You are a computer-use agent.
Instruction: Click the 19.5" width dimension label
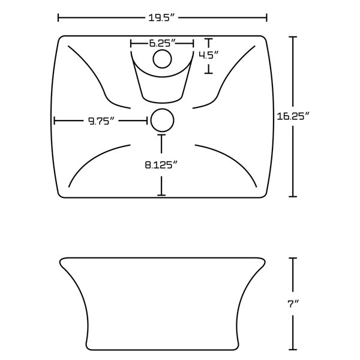point(162,17)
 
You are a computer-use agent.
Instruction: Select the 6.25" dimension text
point(161,43)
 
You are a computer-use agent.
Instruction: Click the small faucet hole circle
point(161,59)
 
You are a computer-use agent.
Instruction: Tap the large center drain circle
point(161,121)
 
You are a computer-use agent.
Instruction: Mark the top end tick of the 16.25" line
point(293,37)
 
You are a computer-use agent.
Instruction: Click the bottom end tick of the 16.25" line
point(293,196)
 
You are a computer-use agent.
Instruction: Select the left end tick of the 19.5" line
point(58,17)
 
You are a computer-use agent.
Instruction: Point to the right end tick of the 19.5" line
point(266,17)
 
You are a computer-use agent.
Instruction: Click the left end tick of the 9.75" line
point(55,121)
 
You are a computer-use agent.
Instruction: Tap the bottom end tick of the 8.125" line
point(161,194)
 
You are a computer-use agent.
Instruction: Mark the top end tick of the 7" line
point(293,258)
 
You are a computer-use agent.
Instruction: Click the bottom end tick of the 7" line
point(293,350)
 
